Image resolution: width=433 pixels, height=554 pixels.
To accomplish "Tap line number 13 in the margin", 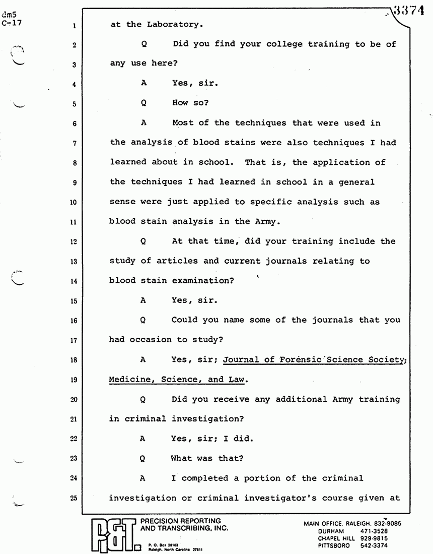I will coord(74,261).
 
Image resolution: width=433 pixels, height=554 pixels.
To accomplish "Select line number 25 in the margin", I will coord(74,498).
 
